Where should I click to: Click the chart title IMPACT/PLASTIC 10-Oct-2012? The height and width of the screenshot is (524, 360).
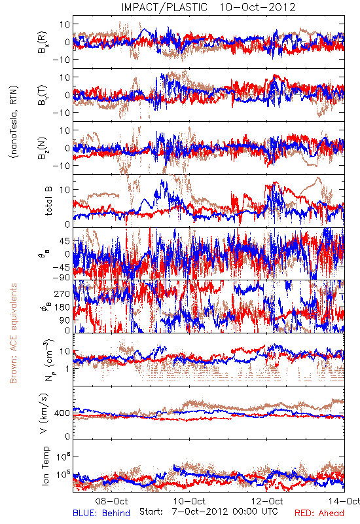tap(208, 7)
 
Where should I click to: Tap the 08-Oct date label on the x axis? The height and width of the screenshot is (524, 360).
tap(111, 501)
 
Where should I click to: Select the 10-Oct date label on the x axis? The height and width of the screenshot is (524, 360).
tap(189, 501)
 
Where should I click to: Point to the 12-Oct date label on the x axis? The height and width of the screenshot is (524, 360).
tap(267, 501)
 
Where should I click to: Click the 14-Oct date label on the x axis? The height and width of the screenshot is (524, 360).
tap(344, 501)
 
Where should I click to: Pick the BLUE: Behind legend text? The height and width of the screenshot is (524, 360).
tap(101, 513)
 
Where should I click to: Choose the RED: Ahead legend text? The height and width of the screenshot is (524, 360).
tap(319, 513)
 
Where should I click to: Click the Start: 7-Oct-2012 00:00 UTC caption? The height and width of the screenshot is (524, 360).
tap(208, 512)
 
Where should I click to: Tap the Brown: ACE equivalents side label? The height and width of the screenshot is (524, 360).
tap(13, 333)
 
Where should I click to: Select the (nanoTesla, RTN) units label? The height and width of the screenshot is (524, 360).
tap(14, 121)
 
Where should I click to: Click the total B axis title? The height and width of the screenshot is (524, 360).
tap(48, 201)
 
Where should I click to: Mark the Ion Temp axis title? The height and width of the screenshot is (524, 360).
tap(45, 466)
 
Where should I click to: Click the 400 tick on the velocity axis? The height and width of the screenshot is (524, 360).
tap(62, 413)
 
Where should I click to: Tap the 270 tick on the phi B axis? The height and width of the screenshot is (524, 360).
tap(62, 293)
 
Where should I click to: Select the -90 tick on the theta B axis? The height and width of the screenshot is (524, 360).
tap(62, 277)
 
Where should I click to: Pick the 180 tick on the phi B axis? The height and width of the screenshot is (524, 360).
tap(62, 307)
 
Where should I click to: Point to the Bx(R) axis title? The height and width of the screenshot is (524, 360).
tap(43, 43)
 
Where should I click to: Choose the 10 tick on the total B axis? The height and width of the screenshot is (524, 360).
tap(65, 189)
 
